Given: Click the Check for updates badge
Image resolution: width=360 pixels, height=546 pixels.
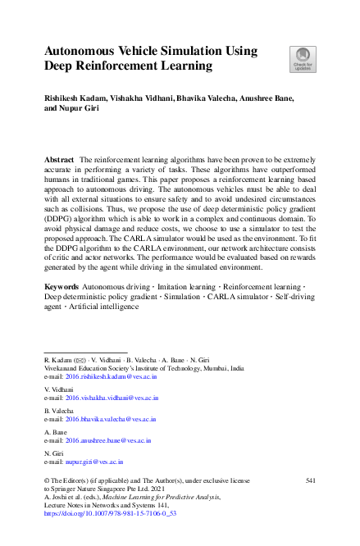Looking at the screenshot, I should click(x=302, y=59).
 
